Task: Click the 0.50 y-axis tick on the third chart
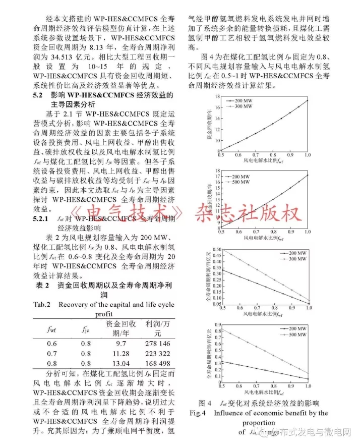pos(216,249)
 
